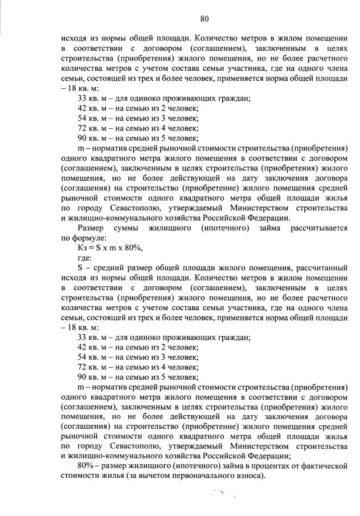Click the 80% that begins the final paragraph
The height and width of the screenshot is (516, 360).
[x=85, y=465]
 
